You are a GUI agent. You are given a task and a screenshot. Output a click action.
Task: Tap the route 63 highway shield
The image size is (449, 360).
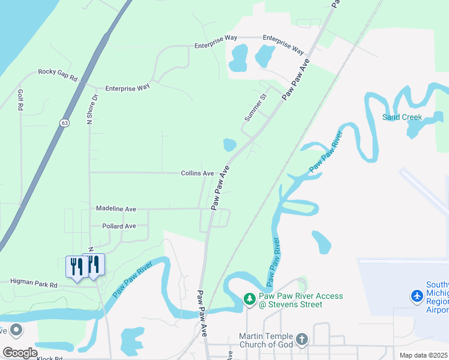64,122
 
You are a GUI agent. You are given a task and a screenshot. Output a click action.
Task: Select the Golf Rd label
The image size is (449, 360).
20,100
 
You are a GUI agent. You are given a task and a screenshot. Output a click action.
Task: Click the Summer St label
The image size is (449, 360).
255,107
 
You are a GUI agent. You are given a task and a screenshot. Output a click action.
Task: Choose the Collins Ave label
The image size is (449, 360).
197,173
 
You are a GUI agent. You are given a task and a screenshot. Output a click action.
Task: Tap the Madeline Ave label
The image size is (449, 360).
116,209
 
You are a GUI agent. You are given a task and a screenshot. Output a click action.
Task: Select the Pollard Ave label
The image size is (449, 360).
116,226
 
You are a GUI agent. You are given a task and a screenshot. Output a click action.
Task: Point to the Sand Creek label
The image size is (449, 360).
402,117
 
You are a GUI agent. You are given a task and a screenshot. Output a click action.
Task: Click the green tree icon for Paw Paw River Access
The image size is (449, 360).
249,298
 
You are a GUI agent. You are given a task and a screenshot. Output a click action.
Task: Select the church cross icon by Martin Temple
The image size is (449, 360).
301,340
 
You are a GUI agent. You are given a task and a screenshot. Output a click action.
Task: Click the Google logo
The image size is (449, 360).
20,353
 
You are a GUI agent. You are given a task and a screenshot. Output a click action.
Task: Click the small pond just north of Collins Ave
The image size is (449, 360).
229,145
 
